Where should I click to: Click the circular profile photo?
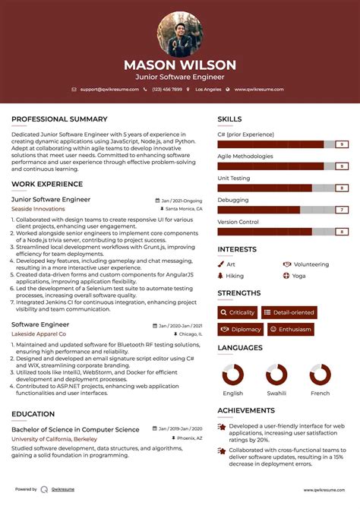tap(180, 34)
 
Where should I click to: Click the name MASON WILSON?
tap(180, 65)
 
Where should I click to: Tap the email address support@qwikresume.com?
tap(109, 90)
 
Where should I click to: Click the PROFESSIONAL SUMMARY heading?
tap(59, 119)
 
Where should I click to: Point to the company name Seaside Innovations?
tap(38, 208)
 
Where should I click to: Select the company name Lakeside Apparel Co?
tap(39, 334)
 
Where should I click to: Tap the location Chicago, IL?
tap(190, 334)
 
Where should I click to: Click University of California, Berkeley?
tap(54, 439)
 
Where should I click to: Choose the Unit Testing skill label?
tap(234, 178)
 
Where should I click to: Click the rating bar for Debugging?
tap(283, 210)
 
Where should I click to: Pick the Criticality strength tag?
tap(237, 312)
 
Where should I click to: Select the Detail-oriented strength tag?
tap(289, 312)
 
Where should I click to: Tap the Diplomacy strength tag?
tap(240, 330)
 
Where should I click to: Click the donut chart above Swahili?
tap(276, 375)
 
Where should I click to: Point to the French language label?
tap(321, 394)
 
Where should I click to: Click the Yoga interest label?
tap(298, 276)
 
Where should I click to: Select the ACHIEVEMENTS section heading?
tap(246, 410)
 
